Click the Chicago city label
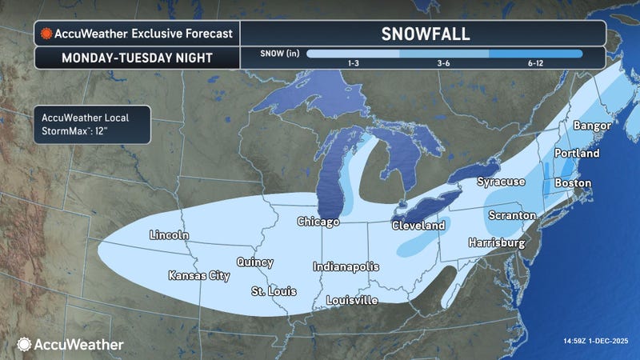tap(319, 221)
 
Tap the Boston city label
tap(570, 183)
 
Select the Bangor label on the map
tap(592, 126)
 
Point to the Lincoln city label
tap(169, 235)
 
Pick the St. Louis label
tap(270, 290)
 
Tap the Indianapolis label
tap(346, 266)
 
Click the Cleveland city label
tap(418, 226)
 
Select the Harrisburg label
tap(496, 242)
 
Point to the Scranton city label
tap(512, 216)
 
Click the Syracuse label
tap(501, 182)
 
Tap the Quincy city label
tap(254, 262)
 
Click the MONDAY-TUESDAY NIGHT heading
tap(134, 58)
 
